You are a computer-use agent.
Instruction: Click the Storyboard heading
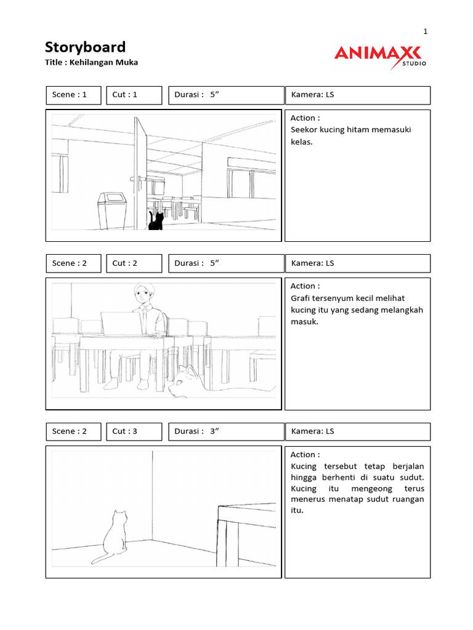(85, 47)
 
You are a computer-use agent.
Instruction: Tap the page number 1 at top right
(425, 31)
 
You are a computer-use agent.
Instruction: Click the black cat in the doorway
(156, 220)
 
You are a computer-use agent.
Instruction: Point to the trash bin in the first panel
(111, 210)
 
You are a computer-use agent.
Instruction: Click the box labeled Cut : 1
(134, 95)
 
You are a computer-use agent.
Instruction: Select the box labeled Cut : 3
(134, 431)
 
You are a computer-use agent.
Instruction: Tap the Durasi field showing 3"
(224, 431)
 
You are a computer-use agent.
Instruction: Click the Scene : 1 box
(73, 95)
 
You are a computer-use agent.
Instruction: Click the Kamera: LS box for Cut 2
(357, 263)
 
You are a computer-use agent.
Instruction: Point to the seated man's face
(143, 296)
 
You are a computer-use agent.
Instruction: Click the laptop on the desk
(122, 324)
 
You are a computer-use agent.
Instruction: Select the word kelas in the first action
(301, 142)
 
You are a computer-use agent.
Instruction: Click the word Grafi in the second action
(301, 298)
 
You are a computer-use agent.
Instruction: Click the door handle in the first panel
(134, 179)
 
